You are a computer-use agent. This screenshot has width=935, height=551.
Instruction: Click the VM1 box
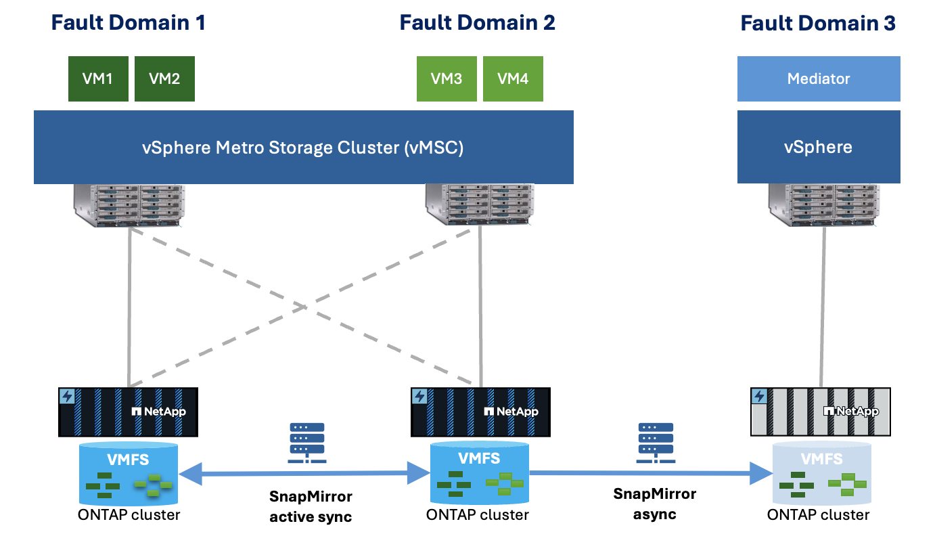(98, 79)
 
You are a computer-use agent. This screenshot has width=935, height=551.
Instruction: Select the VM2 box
(164, 79)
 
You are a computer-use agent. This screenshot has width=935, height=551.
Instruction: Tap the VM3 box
(447, 79)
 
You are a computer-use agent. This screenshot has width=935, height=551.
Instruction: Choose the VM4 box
(513, 79)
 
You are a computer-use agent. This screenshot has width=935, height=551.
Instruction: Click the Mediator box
(819, 79)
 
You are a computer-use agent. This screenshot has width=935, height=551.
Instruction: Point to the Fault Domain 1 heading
(128, 23)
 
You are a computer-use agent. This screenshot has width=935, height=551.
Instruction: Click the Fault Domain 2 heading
(477, 23)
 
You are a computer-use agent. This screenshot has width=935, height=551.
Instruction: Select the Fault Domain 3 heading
(818, 24)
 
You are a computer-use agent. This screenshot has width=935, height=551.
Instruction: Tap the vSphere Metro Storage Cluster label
(304, 148)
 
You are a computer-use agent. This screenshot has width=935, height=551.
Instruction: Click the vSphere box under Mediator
(819, 148)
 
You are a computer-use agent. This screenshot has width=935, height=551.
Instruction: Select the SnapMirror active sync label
(311, 507)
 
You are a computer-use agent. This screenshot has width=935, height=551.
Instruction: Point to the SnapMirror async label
(654, 504)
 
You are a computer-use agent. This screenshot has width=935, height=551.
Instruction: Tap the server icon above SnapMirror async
(654, 443)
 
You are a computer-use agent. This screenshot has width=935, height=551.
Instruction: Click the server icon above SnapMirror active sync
(307, 443)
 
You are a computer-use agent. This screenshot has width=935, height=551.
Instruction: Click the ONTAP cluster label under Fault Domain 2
(477, 515)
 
